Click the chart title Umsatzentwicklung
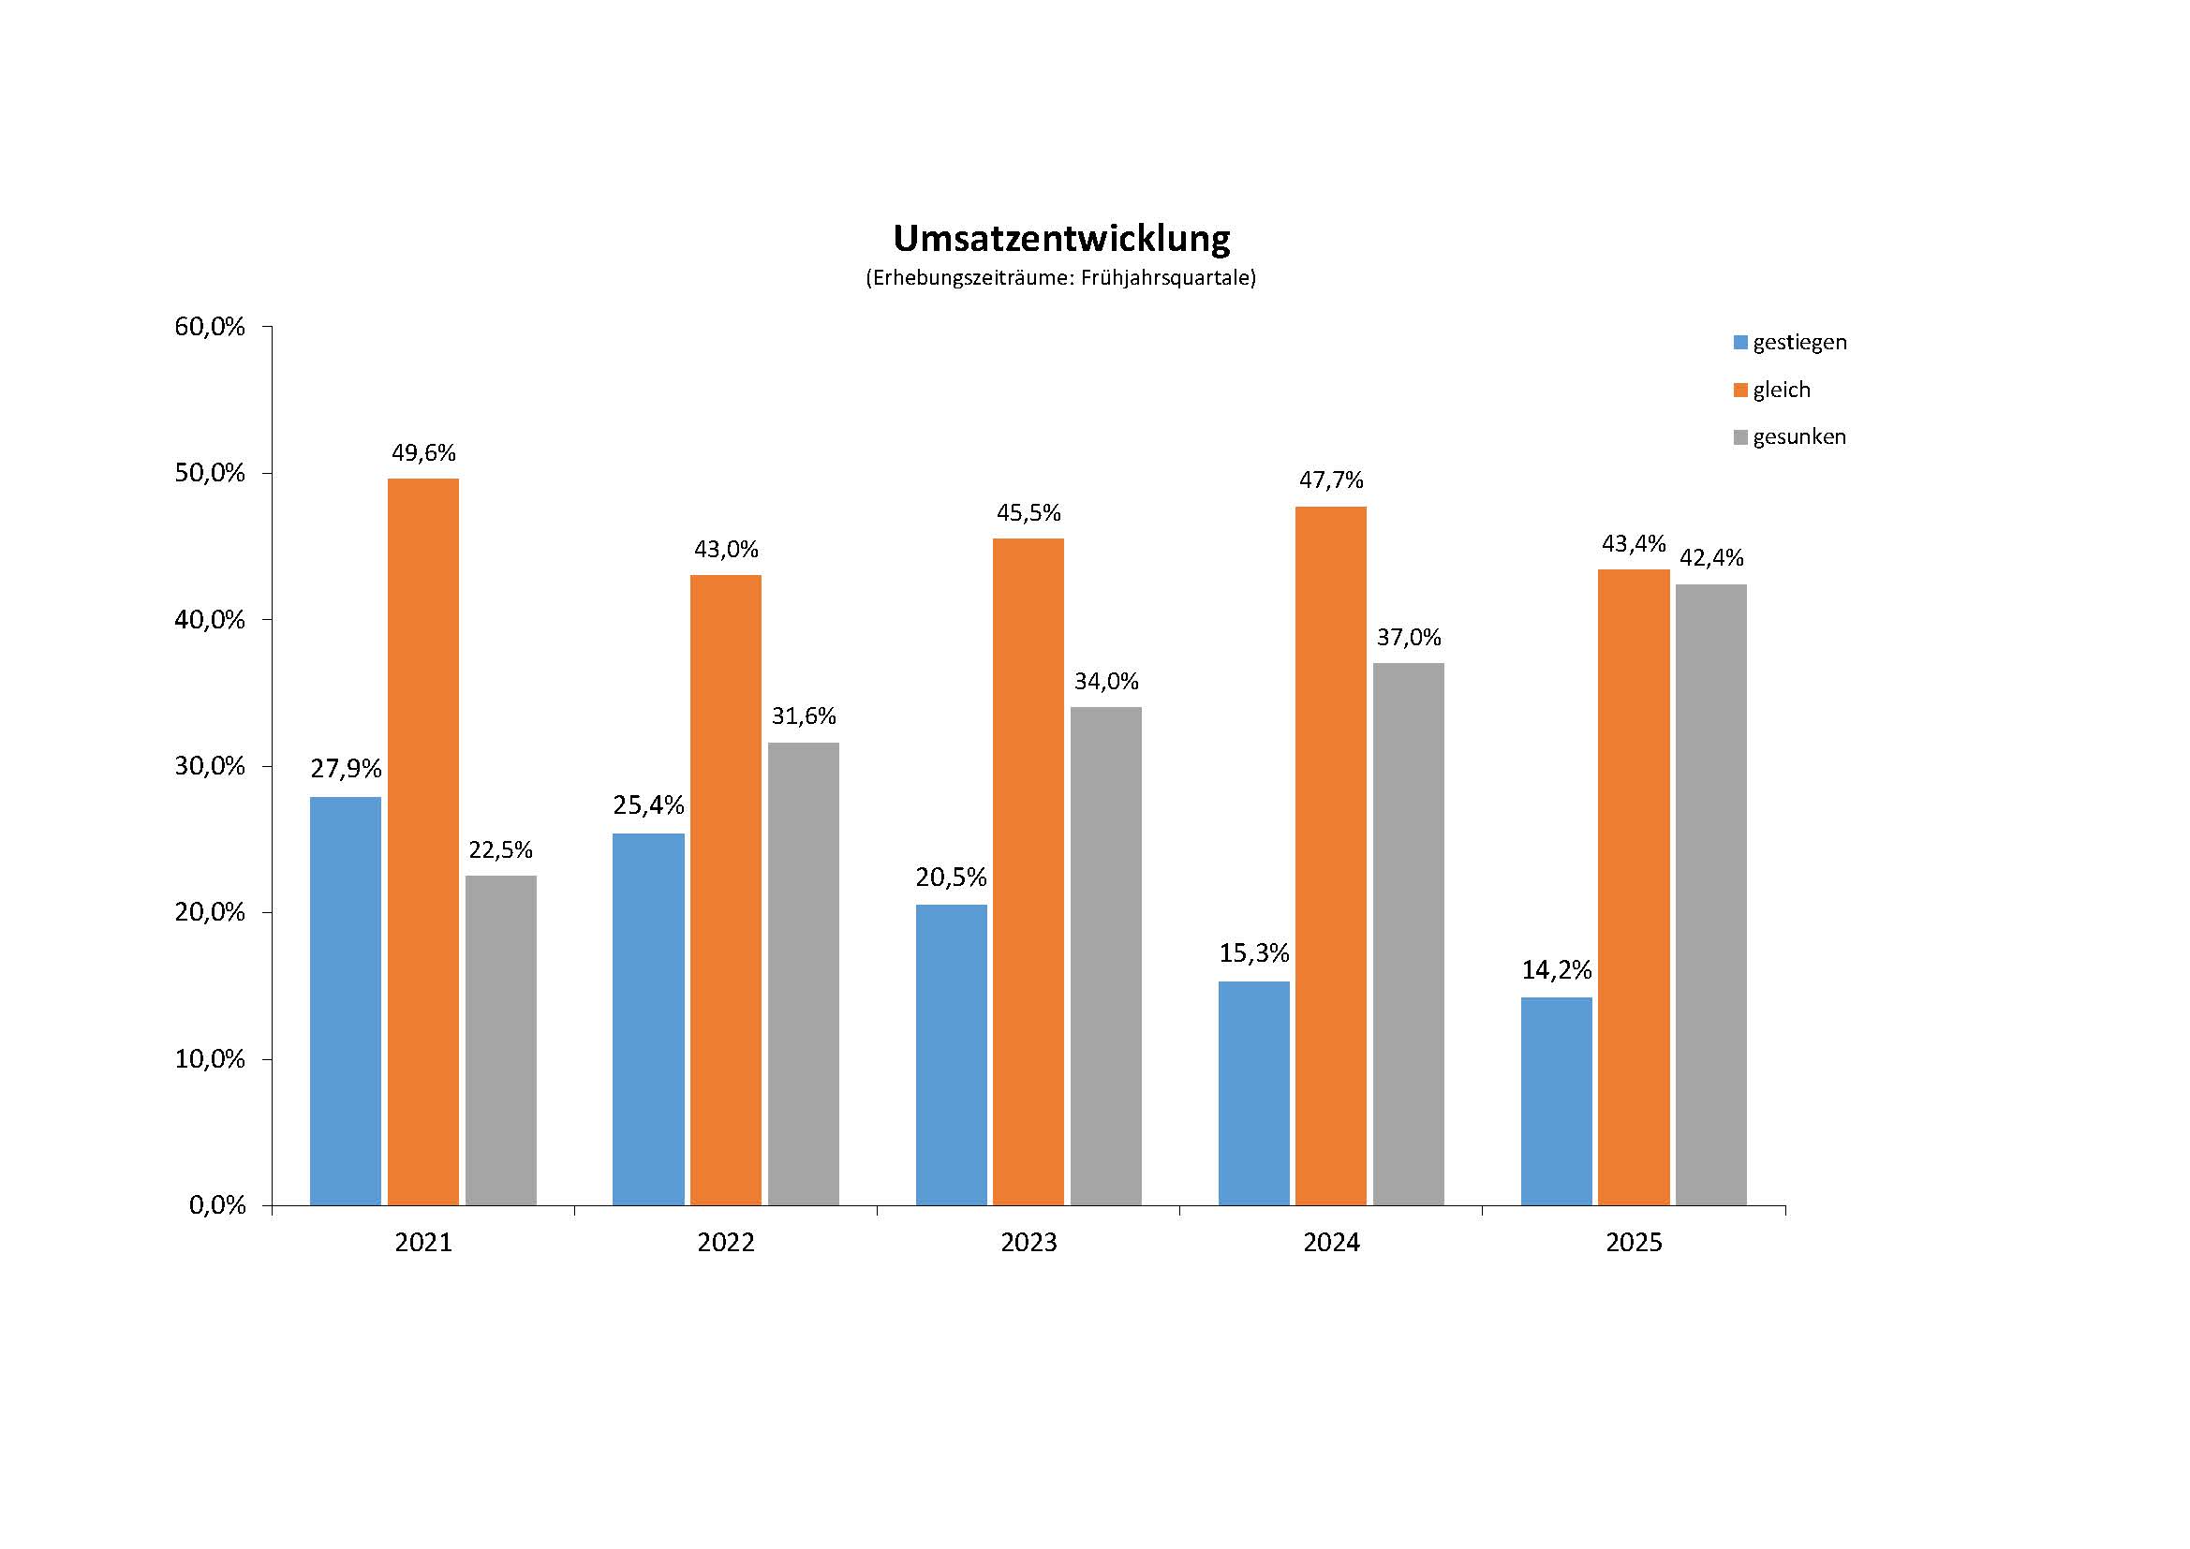pyautogui.click(x=1061, y=239)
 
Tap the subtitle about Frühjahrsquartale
pyautogui.click(x=1060, y=278)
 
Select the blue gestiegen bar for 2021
pyautogui.click(x=346, y=1001)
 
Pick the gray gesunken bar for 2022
pyautogui.click(x=803, y=974)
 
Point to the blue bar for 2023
pyautogui.click(x=951, y=1055)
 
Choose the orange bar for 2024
pyautogui.click(x=1331, y=856)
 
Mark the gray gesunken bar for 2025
pyautogui.click(x=1711, y=894)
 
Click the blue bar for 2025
pyautogui.click(x=1557, y=1101)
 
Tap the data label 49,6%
pyautogui.click(x=423, y=453)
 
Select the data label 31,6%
pyautogui.click(x=803, y=716)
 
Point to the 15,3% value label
pyautogui.click(x=1253, y=952)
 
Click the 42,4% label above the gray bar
pyautogui.click(x=1711, y=558)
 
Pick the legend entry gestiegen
pyautogui.click(x=1798, y=343)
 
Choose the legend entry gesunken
pyautogui.click(x=1798, y=436)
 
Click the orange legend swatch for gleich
pyautogui.click(x=1740, y=391)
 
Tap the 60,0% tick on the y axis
pyautogui.click(x=210, y=327)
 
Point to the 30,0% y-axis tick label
pyautogui.click(x=210, y=766)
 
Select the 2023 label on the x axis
pyautogui.click(x=1028, y=1243)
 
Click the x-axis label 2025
pyautogui.click(x=1634, y=1243)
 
